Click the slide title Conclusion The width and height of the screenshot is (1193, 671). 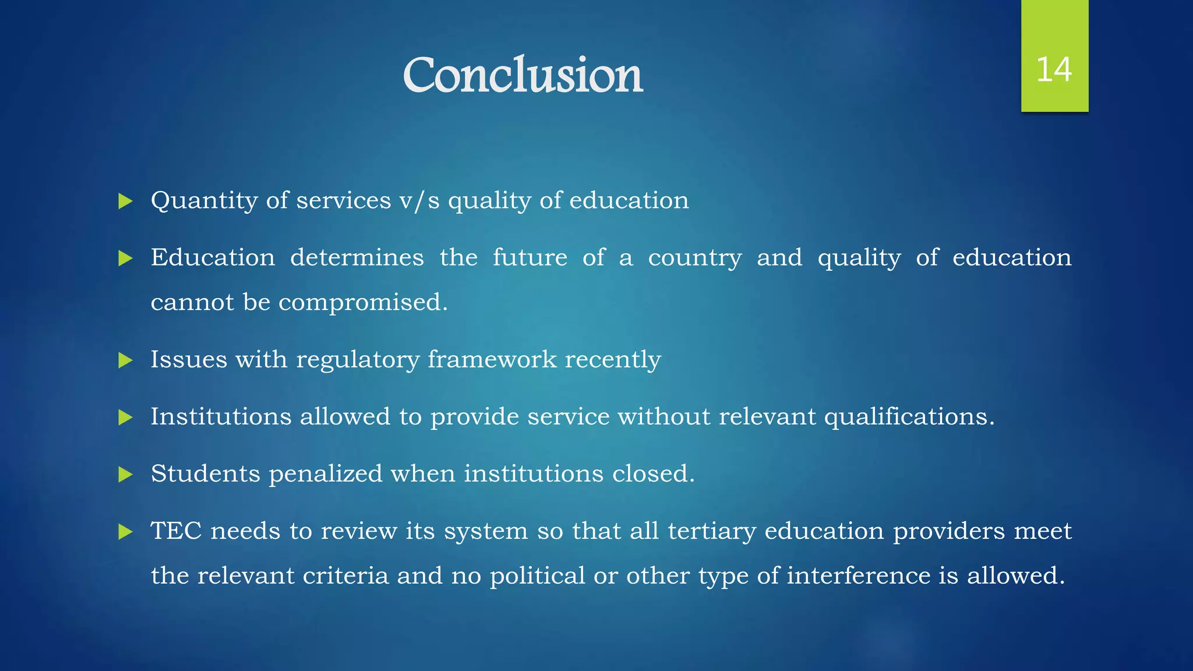523,75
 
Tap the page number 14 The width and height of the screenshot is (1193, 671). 1054,69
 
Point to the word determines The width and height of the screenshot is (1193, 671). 357,257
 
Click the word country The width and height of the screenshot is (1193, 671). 695,257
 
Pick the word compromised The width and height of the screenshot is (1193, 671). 363,302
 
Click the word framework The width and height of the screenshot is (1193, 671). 492,359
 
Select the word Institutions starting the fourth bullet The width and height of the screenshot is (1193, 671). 221,416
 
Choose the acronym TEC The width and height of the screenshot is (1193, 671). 176,531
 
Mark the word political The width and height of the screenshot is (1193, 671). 537,576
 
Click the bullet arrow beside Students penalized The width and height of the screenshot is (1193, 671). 125,475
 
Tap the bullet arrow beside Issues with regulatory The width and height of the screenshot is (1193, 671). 125,361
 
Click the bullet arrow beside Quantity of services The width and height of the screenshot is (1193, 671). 125,202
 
